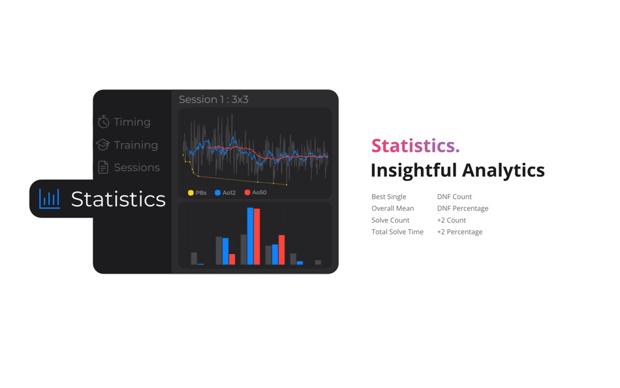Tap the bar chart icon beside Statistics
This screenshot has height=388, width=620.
coord(50,199)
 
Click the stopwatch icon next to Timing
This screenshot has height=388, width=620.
coord(103,121)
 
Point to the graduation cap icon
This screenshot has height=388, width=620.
coord(103,144)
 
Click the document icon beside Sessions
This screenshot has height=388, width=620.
coord(103,167)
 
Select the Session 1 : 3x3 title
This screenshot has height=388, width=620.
coord(213,99)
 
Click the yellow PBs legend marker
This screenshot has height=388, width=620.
coord(191,193)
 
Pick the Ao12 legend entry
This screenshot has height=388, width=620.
coord(225,193)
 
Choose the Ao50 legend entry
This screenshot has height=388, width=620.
coord(255,193)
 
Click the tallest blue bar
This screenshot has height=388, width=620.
coord(251,236)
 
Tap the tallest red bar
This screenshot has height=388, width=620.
coord(257,236)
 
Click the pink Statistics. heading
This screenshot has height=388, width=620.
coord(415,146)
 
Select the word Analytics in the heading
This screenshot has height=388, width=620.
coord(503,170)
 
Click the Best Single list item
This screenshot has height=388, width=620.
coord(389,197)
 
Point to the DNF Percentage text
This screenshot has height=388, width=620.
coord(463,208)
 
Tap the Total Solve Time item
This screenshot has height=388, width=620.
coord(397,232)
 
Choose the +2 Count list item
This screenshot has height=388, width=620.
coord(452,220)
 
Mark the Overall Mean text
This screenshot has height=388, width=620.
coord(393,208)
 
